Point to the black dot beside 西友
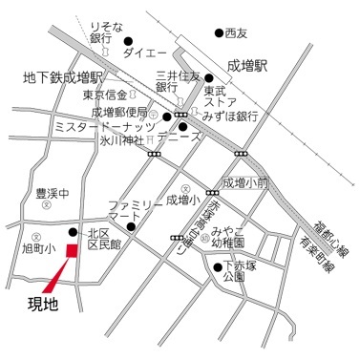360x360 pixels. click(219, 33)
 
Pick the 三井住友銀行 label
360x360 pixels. click(179, 81)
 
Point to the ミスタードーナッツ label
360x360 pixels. click(105, 125)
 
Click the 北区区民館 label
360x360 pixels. click(106, 239)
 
